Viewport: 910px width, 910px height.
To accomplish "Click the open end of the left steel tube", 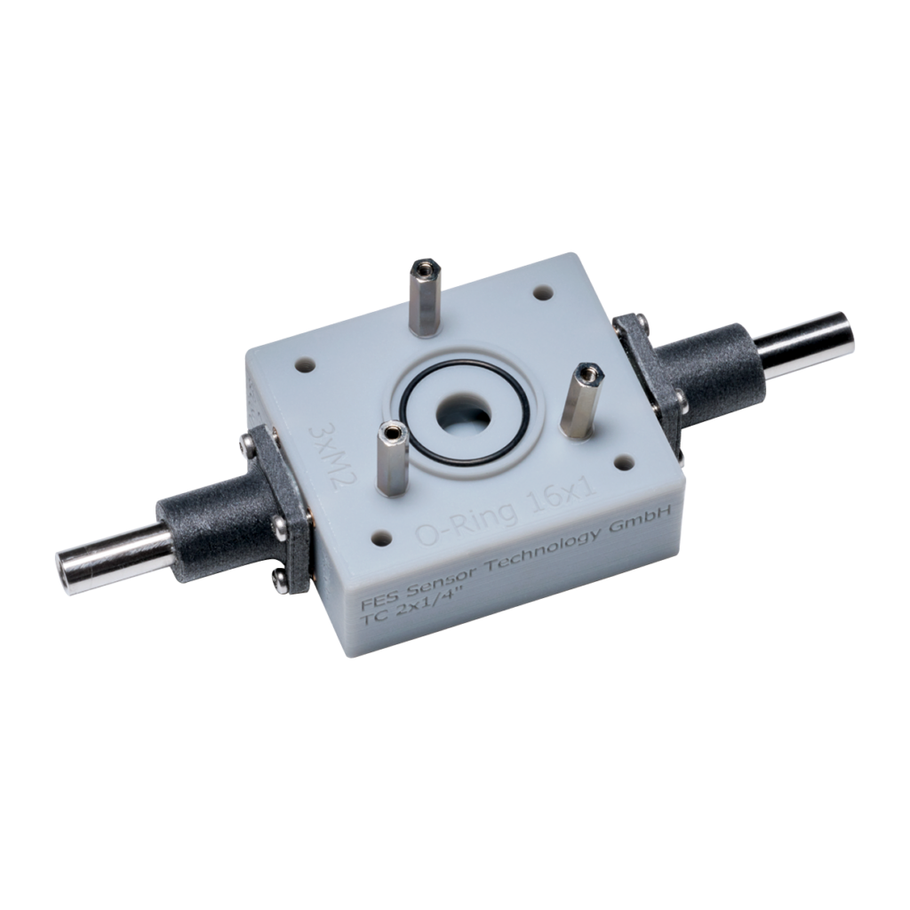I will pyautogui.click(x=68, y=563).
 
